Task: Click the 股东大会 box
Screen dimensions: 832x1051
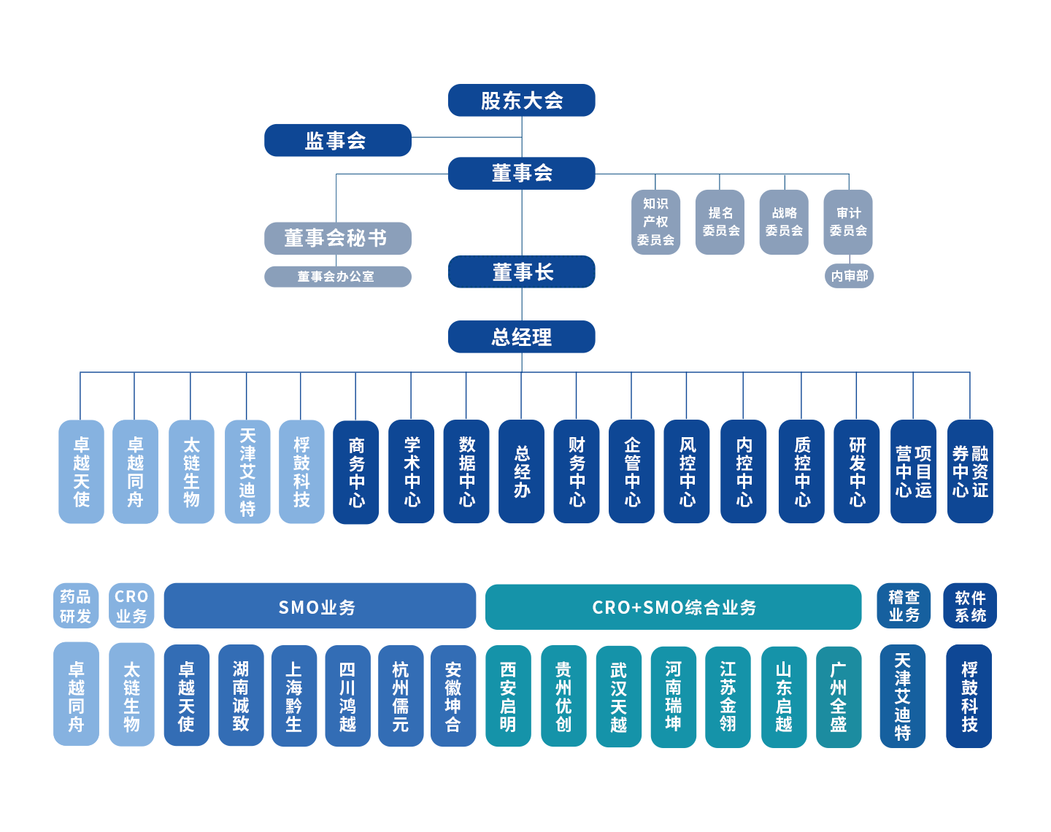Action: tap(521, 101)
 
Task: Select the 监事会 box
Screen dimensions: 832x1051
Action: tap(337, 140)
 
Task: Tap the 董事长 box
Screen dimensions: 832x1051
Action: tap(522, 272)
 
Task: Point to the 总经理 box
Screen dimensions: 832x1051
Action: tap(521, 337)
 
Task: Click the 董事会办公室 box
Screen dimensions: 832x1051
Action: tap(337, 277)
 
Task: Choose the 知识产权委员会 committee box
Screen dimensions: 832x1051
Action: tap(655, 222)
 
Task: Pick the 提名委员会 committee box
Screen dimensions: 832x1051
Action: tap(720, 222)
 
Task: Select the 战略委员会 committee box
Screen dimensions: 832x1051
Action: tap(783, 222)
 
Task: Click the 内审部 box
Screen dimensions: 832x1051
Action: tap(849, 276)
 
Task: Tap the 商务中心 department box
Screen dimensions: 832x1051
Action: tap(356, 471)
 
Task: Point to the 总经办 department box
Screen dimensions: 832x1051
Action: tap(521, 471)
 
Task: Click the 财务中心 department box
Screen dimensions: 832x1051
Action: tap(577, 471)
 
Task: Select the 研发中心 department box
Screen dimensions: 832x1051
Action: tap(857, 471)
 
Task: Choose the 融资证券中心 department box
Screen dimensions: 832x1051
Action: tap(969, 471)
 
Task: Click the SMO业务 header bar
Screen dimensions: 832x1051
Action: tap(319, 606)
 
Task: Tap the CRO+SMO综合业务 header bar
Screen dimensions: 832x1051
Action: tap(673, 607)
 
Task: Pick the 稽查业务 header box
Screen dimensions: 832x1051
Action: tap(904, 606)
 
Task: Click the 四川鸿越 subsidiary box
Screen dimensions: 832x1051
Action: tap(347, 696)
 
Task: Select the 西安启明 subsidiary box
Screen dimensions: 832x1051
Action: tap(508, 696)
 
